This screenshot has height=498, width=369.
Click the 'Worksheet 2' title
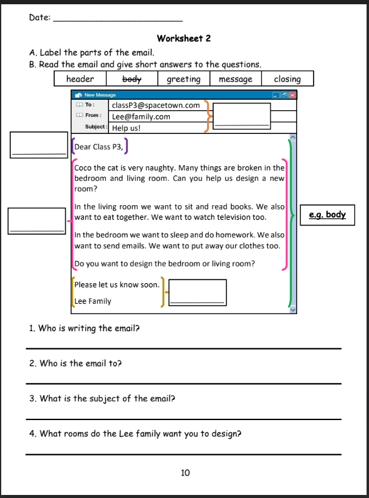(x=183, y=38)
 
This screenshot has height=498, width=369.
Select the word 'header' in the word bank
(x=80, y=79)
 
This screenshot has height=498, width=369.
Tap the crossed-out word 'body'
(x=132, y=79)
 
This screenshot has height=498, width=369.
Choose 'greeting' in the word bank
(x=183, y=79)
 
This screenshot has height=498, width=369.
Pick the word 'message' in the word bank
(x=235, y=79)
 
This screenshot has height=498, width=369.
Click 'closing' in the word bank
(x=287, y=79)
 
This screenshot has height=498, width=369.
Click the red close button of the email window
(x=293, y=95)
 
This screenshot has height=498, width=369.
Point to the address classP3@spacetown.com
(x=156, y=105)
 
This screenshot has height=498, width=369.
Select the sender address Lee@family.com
(x=141, y=116)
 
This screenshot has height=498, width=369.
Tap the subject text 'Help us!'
(x=127, y=128)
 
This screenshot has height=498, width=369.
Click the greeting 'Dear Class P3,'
(x=99, y=147)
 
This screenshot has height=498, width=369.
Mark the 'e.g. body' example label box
(x=328, y=214)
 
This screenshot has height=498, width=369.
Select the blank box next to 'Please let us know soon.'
(x=197, y=292)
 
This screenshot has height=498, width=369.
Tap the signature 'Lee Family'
(x=93, y=301)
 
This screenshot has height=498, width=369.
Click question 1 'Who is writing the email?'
(x=85, y=328)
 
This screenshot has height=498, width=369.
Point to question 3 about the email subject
(x=102, y=399)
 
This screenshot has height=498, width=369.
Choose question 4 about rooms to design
(x=135, y=434)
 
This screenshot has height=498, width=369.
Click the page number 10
(x=186, y=472)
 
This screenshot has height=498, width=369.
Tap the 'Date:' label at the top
(x=40, y=17)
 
